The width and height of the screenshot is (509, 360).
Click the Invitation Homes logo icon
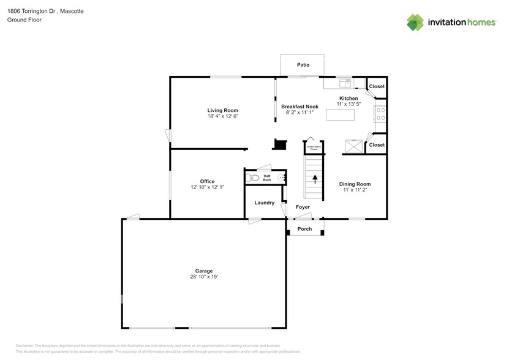(415, 22)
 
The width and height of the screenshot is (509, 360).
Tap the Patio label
(303, 64)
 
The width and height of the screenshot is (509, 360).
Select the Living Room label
(222, 110)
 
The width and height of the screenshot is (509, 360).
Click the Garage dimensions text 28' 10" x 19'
(204, 277)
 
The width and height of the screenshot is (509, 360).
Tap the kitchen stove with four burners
(380, 114)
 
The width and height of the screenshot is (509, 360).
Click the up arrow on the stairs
(315, 179)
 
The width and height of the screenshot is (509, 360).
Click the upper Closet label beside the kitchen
(377, 86)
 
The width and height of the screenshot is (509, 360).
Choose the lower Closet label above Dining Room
(377, 145)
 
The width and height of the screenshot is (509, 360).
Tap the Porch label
(304, 229)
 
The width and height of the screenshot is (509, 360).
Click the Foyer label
(303, 207)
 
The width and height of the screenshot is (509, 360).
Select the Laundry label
(264, 203)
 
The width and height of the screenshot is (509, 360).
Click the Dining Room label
(355, 184)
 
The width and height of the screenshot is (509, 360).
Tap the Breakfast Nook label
(300, 107)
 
